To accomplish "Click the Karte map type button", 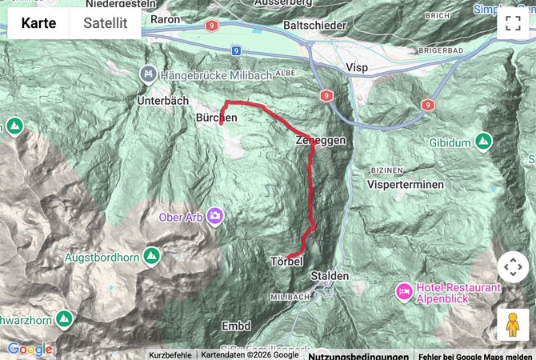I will point(38,23).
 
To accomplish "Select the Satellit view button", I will point(105,23).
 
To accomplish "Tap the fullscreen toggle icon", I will point(512,23).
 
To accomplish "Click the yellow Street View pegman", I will point(512,325).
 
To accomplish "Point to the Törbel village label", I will point(286,262).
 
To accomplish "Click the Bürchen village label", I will point(216,117).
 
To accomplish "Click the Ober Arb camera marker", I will point(215,215).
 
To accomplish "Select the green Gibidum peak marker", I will point(483,141).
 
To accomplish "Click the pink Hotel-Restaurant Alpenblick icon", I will point(404,289).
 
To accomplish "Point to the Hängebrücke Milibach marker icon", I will point(147,74).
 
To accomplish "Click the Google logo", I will point(30,349).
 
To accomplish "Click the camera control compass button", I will point(512,267).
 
